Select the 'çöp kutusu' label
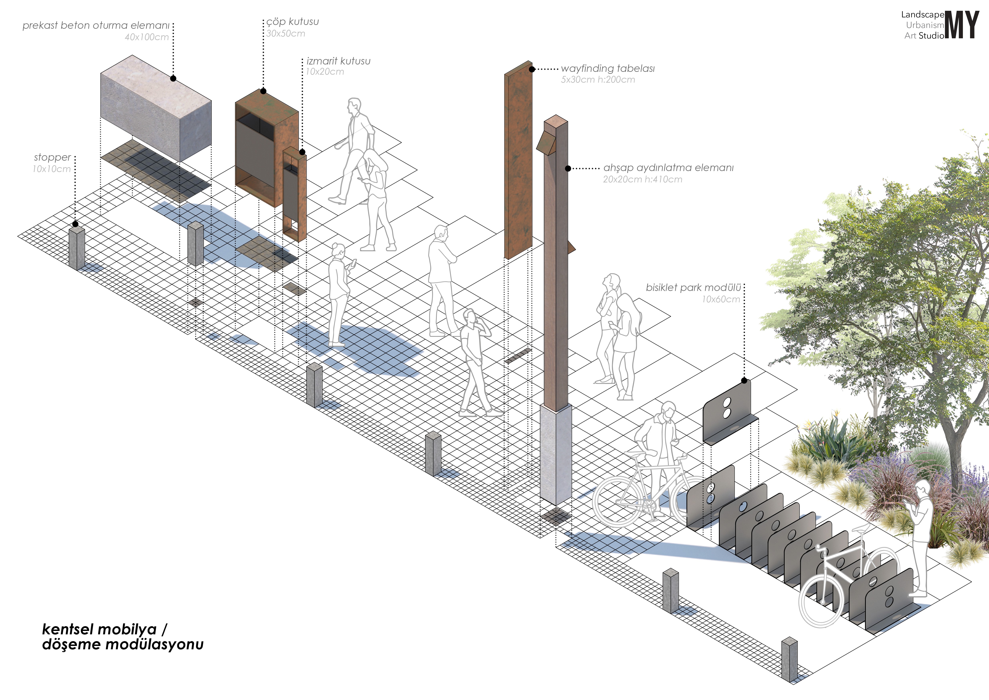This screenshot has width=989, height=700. tap(292, 22)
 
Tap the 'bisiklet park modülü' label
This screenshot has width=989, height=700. tap(693, 288)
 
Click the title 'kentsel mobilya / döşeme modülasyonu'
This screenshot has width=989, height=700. tap(123, 637)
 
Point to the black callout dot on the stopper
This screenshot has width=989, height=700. tap(75, 224)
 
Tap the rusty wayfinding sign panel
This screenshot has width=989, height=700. tap(518, 164)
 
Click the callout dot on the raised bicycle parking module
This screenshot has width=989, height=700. tap(744, 381)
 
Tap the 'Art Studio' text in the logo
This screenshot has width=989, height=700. tap(924, 36)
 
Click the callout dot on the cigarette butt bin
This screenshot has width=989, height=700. tap(302, 152)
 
